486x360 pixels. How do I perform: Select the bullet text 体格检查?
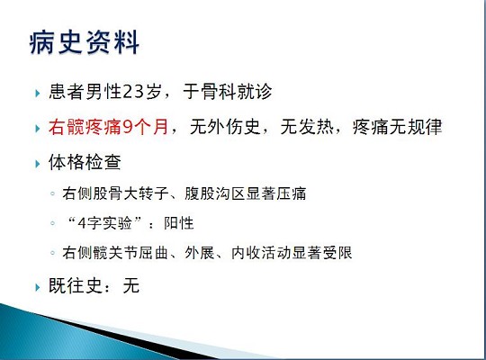click(86, 165)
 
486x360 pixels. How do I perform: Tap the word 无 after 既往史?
click(131, 287)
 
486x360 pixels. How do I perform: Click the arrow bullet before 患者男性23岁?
click(37, 92)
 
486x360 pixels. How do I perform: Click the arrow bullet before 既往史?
click(37, 288)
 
